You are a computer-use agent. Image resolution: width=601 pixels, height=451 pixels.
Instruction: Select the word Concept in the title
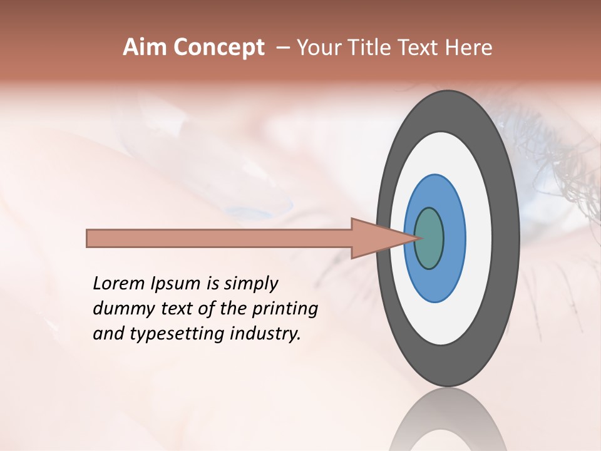[218, 48]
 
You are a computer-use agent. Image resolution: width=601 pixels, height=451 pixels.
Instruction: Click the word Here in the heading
[469, 48]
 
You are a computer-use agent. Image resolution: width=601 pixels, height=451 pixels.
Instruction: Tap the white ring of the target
[478, 238]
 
